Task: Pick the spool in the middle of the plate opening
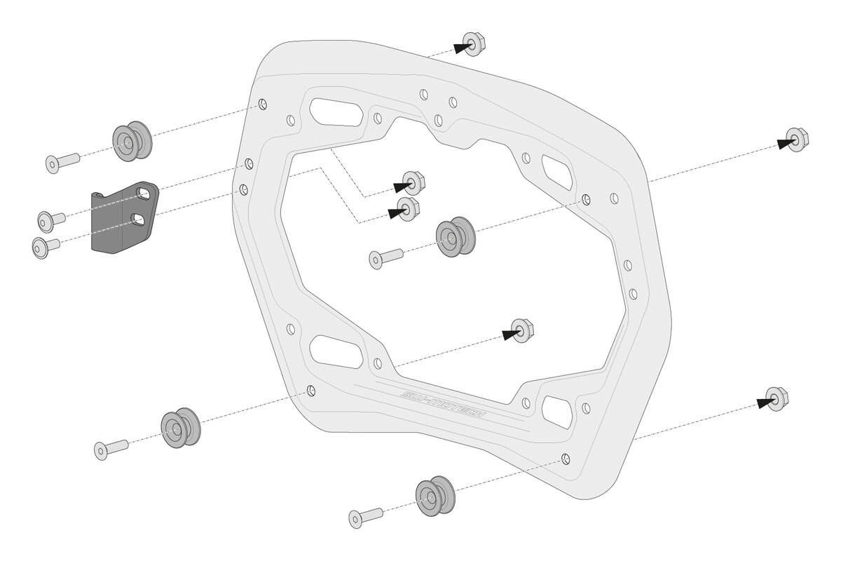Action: coord(455,238)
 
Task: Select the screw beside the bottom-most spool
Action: coord(366,516)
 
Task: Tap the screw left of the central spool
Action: coord(385,257)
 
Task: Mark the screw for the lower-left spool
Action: coord(111,448)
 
